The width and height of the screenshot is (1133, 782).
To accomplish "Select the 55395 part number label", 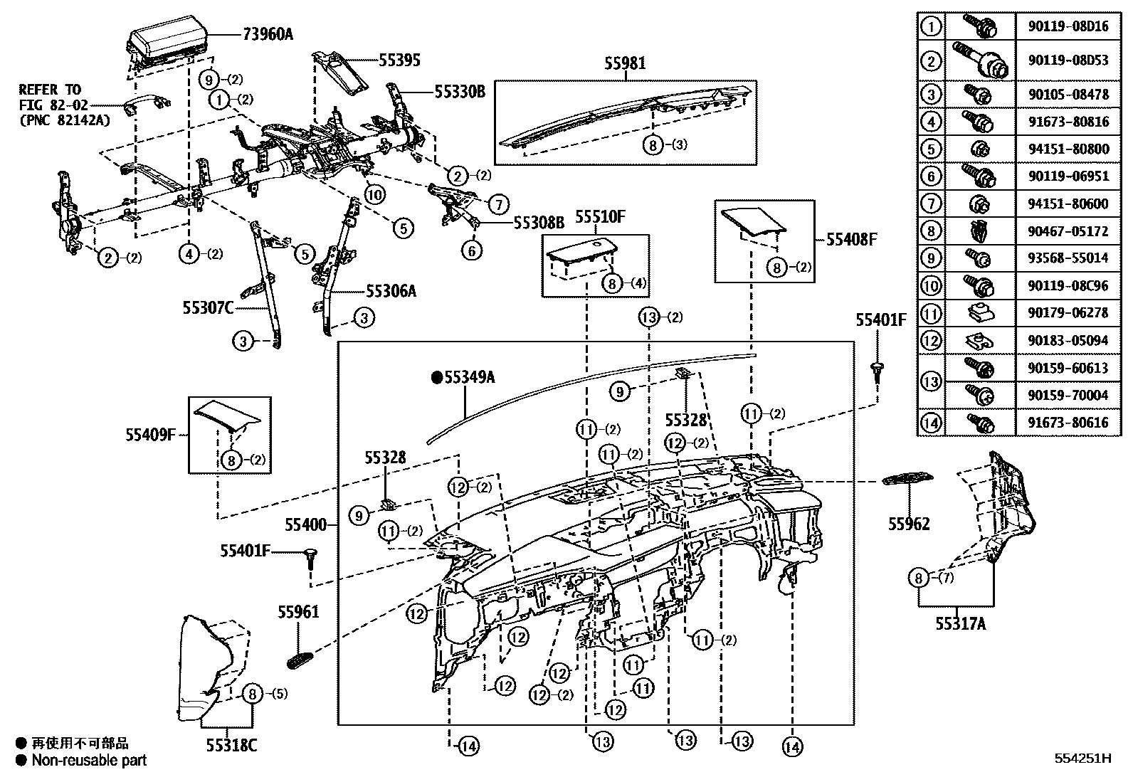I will [x=399, y=60].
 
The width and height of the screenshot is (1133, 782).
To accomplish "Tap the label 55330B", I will [x=460, y=91].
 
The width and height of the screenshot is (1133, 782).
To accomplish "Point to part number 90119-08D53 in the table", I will [x=1068, y=60].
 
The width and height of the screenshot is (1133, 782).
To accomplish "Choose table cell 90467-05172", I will [x=1068, y=231].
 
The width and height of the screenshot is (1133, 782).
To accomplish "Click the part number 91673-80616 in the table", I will [x=1068, y=423].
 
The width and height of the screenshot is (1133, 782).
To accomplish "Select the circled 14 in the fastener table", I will [x=931, y=423].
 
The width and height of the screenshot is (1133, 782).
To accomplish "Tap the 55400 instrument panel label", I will [x=306, y=525].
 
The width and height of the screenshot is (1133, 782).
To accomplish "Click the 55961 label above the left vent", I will [x=298, y=612].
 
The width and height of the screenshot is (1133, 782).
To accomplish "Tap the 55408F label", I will [x=851, y=240].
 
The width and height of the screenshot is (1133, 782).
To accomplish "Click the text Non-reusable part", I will [x=89, y=760].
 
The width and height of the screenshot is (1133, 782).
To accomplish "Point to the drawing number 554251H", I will [x=1082, y=758].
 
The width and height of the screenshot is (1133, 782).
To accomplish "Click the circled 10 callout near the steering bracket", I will [x=375, y=194].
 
